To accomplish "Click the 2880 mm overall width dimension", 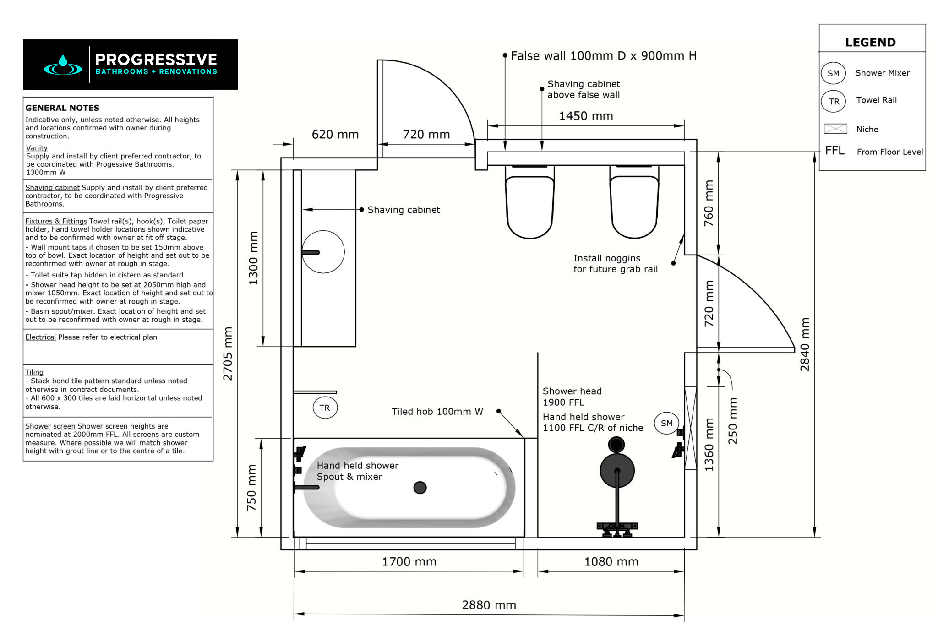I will pyautogui.click(x=489, y=605).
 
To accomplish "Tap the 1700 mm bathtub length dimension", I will pyautogui.click(x=409, y=561).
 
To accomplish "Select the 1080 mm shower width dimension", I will pyautogui.click(x=611, y=561).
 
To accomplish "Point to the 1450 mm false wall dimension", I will pyautogui.click(x=586, y=116).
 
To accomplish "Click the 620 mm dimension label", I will pyautogui.click(x=335, y=134).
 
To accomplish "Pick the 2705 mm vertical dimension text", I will pyautogui.click(x=228, y=353).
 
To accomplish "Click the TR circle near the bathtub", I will pyautogui.click(x=325, y=408).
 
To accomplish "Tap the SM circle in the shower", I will pyautogui.click(x=666, y=423).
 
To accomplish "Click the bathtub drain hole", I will pyautogui.click(x=420, y=488).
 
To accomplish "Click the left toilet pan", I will pyautogui.click(x=530, y=206).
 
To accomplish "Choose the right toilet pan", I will pyautogui.click(x=634, y=206).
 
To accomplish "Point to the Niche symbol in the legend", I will pyautogui.click(x=835, y=129).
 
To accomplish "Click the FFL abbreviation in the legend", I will pyautogui.click(x=834, y=151).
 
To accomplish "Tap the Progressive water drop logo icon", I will pyautogui.click(x=63, y=65).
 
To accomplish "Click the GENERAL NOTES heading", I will pyautogui.click(x=62, y=108).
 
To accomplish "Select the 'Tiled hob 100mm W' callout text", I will pyautogui.click(x=437, y=412).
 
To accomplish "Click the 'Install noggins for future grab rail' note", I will pyautogui.click(x=615, y=264).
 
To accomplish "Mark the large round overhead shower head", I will pyautogui.click(x=617, y=470).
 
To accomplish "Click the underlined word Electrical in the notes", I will pyautogui.click(x=40, y=337).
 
